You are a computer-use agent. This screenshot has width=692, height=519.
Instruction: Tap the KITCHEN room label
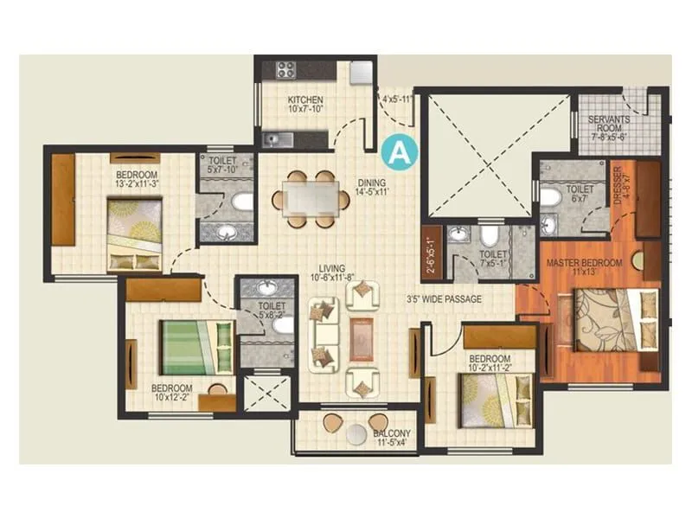click(x=305, y=100)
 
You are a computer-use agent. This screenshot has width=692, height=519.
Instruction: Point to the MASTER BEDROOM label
click(x=584, y=263)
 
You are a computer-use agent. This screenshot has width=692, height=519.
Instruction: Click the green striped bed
click(x=195, y=346)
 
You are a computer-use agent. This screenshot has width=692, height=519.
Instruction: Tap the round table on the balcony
click(x=356, y=435)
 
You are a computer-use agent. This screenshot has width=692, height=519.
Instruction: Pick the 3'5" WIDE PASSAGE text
click(x=444, y=299)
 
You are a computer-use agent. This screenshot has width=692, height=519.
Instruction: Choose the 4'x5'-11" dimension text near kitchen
click(x=396, y=99)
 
